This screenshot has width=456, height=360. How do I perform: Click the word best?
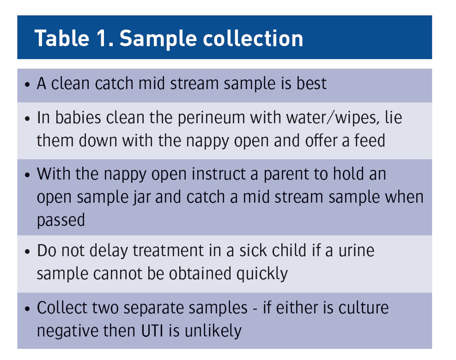pos(311,84)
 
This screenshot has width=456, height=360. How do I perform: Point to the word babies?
pos(78,118)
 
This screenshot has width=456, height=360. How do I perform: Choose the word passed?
pos(61,221)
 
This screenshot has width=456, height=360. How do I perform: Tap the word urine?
pos(356,251)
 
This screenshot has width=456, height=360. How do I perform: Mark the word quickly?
pos(262,274)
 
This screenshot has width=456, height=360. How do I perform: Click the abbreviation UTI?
pos(152,330)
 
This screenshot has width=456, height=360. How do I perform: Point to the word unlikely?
pos(213,331)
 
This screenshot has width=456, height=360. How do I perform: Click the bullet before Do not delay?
pos(28,251)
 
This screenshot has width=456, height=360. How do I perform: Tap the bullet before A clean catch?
pos(28,84)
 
